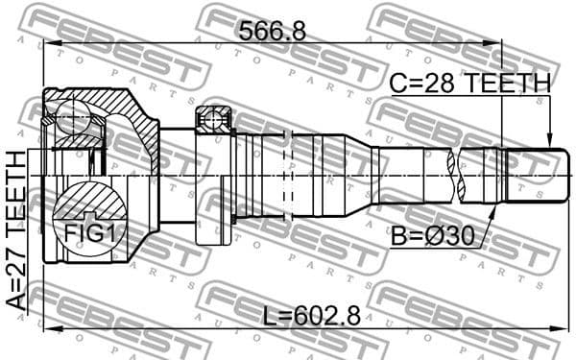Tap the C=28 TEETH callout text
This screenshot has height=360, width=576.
coord(469,84)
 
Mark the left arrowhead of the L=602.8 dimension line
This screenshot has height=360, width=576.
coord(49,329)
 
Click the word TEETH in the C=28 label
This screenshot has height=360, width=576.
coord(510,84)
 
